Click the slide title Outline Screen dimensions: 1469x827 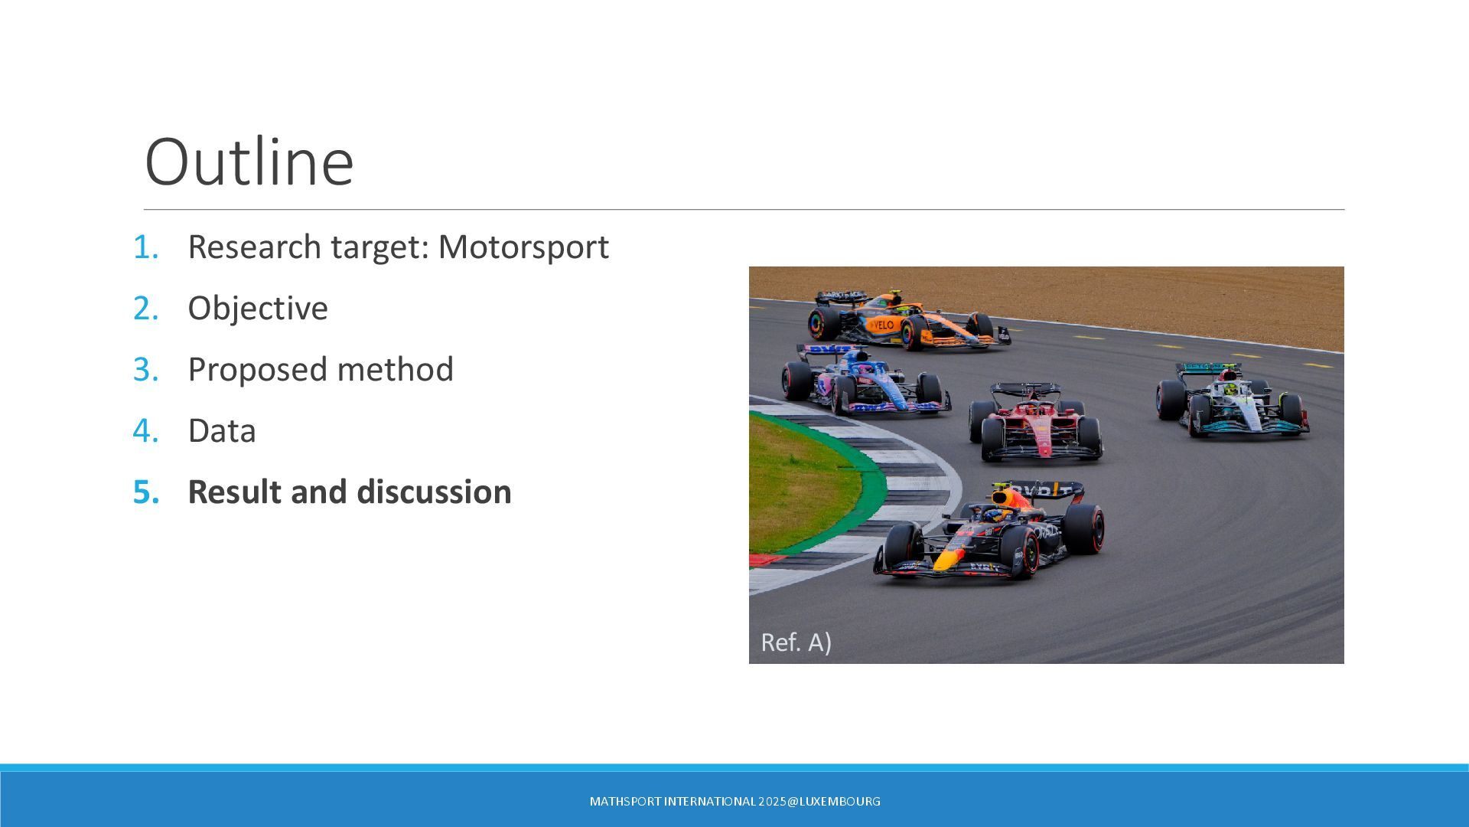click(x=249, y=162)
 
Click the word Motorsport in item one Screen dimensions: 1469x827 click(x=523, y=247)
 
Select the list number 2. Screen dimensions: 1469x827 click(x=145, y=308)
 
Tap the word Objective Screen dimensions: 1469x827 click(x=258, y=309)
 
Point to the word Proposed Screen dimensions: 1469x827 click(x=257, y=370)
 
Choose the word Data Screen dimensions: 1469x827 click(x=222, y=430)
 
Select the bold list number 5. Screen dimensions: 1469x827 click(x=146, y=492)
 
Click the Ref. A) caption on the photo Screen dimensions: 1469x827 click(x=796, y=642)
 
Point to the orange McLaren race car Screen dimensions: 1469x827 click(x=910, y=320)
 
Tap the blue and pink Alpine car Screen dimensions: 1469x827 click(x=865, y=380)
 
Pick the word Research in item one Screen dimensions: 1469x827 click(x=255, y=247)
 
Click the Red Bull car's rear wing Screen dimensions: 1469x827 click(x=1045, y=490)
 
